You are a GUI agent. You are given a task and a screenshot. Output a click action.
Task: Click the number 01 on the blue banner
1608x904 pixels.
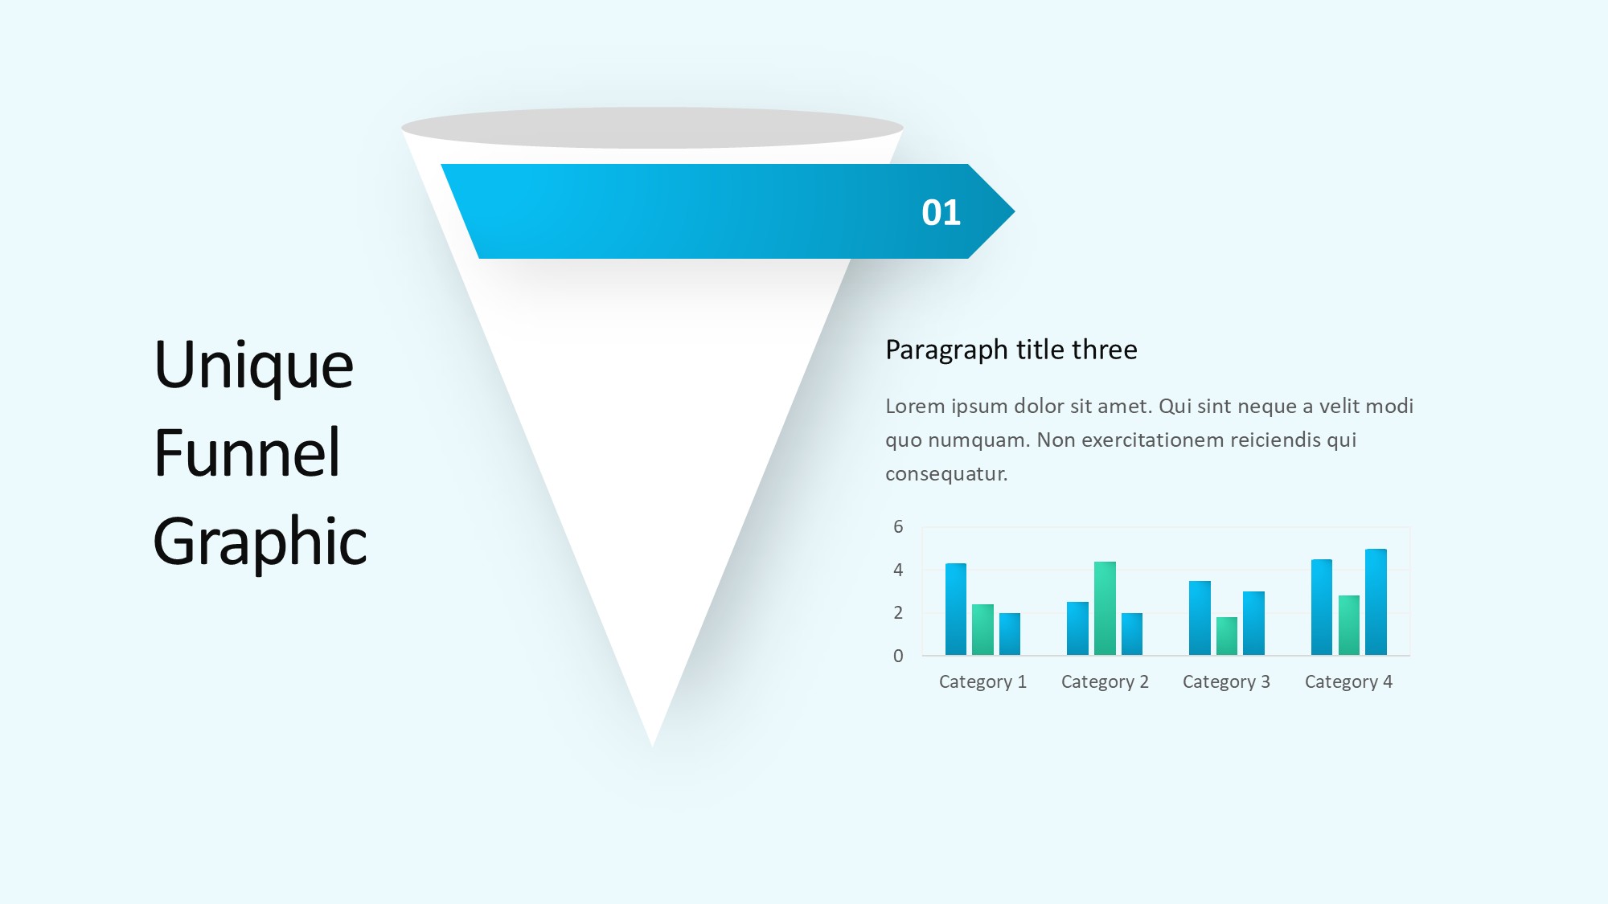pyautogui.click(x=941, y=213)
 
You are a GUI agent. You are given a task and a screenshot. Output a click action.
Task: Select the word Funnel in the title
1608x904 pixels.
pyautogui.click(x=247, y=452)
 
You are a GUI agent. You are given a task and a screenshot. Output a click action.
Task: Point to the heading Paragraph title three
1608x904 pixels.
pyautogui.click(x=1011, y=350)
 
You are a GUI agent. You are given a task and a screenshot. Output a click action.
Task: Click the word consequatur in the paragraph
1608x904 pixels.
pyautogui.click(x=946, y=474)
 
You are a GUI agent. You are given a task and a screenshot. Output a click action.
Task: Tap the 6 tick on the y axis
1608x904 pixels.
pyautogui.click(x=898, y=527)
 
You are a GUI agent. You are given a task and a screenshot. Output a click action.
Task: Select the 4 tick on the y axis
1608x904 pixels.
pyautogui.click(x=898, y=570)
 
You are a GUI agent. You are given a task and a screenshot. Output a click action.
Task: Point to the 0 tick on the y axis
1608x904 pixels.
pyautogui.click(x=898, y=656)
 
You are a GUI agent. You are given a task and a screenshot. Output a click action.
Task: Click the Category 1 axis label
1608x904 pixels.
pyautogui.click(x=982, y=682)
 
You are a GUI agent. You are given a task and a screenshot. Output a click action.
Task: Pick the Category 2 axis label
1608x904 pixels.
pyautogui.click(x=1105, y=682)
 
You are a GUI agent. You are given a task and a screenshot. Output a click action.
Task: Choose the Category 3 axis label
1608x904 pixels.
pyautogui.click(x=1226, y=682)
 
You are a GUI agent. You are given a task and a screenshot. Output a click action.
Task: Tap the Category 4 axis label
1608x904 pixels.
pyautogui.click(x=1348, y=682)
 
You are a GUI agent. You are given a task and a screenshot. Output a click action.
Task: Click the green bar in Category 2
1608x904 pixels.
pyautogui.click(x=1105, y=608)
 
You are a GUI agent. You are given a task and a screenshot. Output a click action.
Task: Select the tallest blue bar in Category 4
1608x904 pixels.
pyautogui.click(x=1376, y=602)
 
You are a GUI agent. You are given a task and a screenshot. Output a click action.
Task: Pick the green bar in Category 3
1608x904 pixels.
pyautogui.click(x=1227, y=636)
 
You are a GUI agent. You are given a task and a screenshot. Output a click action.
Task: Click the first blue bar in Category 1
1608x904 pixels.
pyautogui.click(x=956, y=609)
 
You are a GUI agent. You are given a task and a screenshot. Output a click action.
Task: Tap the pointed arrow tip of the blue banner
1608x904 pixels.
pyautogui.click(x=1014, y=212)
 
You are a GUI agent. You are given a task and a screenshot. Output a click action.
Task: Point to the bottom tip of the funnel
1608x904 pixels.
pyautogui.click(x=653, y=746)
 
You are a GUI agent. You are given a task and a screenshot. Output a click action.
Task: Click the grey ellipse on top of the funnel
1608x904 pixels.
pyautogui.click(x=652, y=128)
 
